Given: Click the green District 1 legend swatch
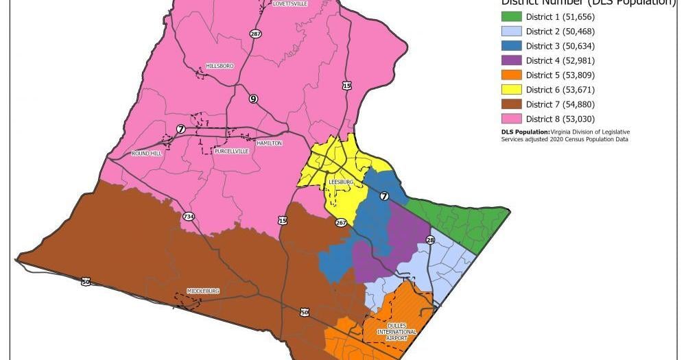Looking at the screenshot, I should coord(511,16).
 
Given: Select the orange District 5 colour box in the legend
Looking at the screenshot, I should coord(511,75).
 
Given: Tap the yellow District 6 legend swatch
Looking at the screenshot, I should coord(511,90).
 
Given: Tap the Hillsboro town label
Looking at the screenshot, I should coord(220,66).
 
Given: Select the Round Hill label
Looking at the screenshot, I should coord(146,154).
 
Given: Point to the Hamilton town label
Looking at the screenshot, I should coord(269,143).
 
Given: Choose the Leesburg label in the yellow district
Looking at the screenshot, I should coord(340,182).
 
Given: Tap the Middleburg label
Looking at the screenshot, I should coord(203,291).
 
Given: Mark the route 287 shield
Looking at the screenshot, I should coord(255,34).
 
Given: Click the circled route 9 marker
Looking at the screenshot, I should coord(253,99).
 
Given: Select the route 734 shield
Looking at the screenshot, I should coord(188,217).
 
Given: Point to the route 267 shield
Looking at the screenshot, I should coord(340,222).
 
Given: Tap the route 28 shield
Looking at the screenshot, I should coord(431,240).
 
